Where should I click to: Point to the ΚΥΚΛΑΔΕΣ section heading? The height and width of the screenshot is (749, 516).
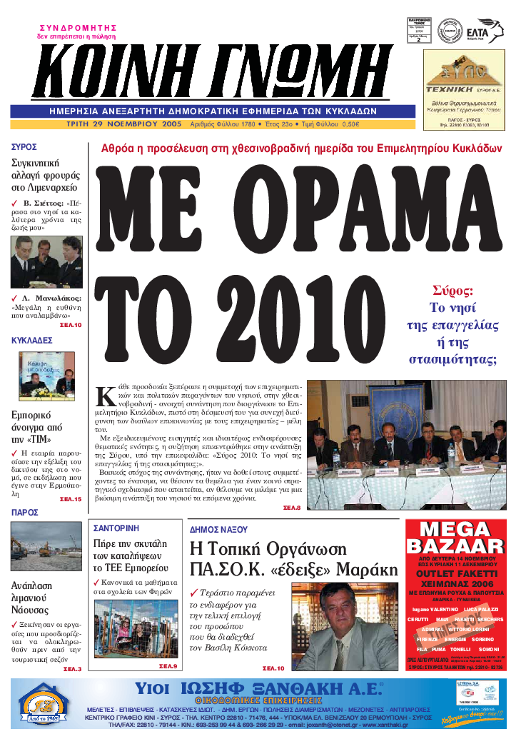pyautogui.click(x=32, y=341)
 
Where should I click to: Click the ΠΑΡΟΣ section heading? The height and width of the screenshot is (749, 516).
pyautogui.click(x=25, y=513)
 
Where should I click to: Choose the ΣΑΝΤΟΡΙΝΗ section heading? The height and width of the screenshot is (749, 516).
pyautogui.click(x=116, y=529)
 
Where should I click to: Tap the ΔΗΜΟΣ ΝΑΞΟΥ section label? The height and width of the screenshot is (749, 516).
pyautogui.click(x=218, y=530)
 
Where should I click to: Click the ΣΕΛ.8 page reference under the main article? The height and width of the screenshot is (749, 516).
pyautogui.click(x=293, y=508)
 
